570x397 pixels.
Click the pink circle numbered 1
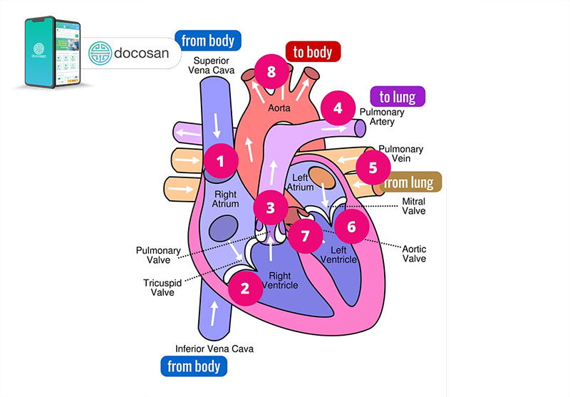221,161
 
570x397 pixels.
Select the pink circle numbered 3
270,208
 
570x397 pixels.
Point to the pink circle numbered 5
373,168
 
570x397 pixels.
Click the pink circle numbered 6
351,226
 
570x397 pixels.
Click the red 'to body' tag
313,51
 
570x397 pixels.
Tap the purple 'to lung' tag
397,96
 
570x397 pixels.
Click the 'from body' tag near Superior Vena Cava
207,40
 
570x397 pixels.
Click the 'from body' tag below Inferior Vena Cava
194,366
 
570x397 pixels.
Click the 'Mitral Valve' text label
413,207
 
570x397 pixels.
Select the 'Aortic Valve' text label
414,253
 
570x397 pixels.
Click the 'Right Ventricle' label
280,281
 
